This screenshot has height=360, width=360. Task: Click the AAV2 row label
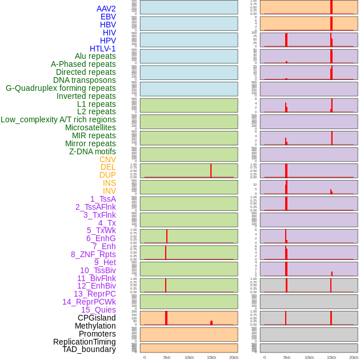coord(106,9)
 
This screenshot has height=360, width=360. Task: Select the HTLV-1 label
coord(102,49)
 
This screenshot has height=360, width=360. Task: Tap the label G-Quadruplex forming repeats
coord(61,88)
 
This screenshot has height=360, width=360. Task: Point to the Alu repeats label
coord(95,56)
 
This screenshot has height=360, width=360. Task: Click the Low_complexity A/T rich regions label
coord(58,119)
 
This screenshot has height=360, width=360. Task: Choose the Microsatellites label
coord(90,127)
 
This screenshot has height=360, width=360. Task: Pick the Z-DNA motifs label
coord(92,151)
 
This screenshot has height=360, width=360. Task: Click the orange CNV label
coord(107,159)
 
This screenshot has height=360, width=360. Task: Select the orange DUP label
coord(107,175)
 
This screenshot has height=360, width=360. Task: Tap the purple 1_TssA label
coord(103,199)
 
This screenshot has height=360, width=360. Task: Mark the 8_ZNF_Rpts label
coord(93,254)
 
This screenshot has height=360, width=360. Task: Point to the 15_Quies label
coord(98,310)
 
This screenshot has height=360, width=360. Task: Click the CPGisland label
coord(97,318)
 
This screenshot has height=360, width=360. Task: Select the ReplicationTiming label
coord(84,342)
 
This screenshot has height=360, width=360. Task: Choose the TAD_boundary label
coord(89,349)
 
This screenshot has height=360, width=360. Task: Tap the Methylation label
coord(95,326)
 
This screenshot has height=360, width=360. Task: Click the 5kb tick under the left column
coord(167,357)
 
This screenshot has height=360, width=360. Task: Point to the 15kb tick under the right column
coord(331,357)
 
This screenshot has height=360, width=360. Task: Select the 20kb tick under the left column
coord(234,357)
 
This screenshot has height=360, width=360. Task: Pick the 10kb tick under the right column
coord(309,357)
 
